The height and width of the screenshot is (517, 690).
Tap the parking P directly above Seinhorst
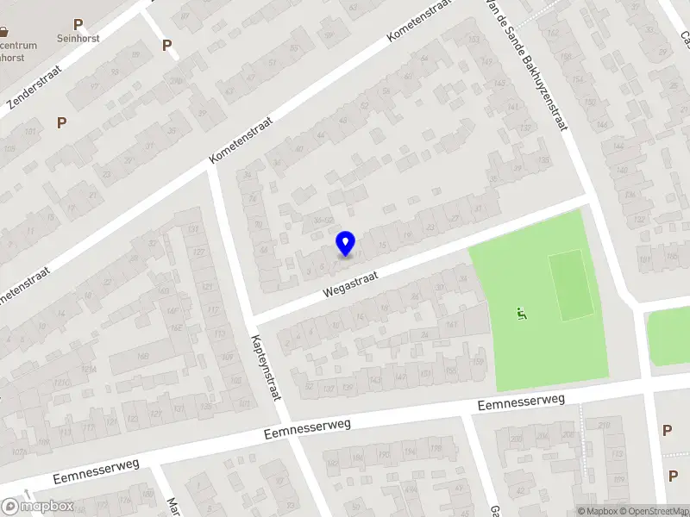(x=78, y=25)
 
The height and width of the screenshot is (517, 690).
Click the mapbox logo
(x=38, y=507)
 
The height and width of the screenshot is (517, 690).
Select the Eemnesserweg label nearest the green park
(x=522, y=402)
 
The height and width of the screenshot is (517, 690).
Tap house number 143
(x=375, y=379)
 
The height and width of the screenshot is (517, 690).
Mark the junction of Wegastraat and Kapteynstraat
(x=251, y=318)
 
